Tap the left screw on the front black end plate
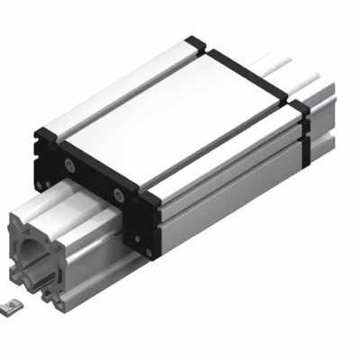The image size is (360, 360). (x=69, y=166)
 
